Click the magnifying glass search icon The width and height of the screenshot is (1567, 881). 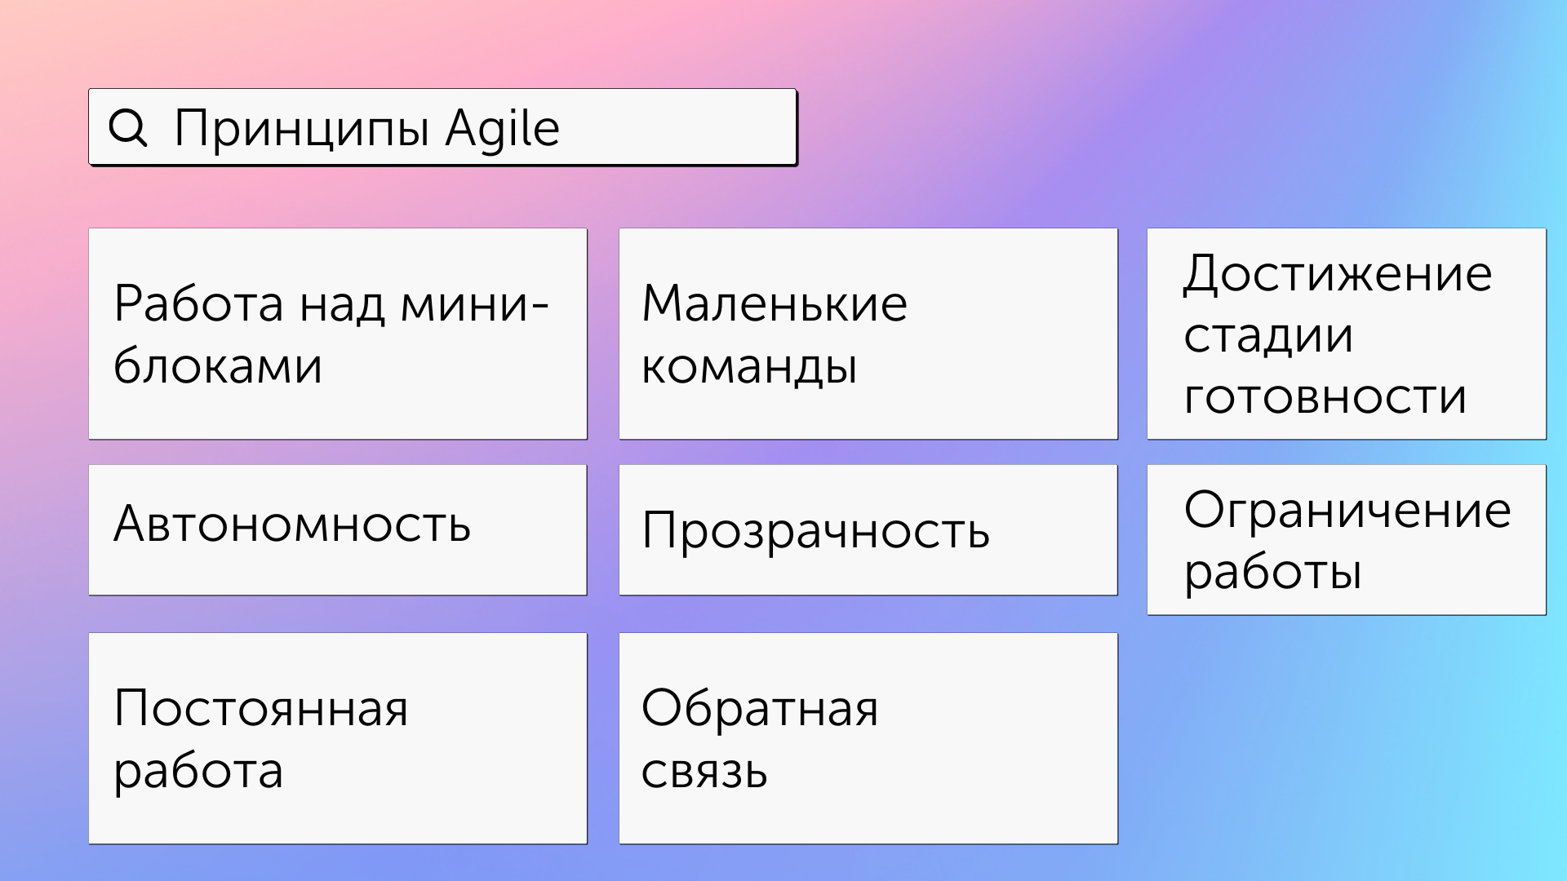point(128,128)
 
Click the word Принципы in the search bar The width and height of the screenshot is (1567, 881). point(302,129)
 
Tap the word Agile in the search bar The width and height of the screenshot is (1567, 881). point(503,129)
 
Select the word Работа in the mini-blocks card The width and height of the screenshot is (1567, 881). point(199,303)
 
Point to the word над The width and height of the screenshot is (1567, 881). point(342,305)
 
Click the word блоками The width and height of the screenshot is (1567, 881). point(218,365)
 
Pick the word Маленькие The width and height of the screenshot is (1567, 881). point(775,303)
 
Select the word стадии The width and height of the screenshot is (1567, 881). point(1268,335)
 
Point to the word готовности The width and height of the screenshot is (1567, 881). point(1325,397)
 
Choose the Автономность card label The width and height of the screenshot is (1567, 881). point(292,524)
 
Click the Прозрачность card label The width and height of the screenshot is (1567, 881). point(816,531)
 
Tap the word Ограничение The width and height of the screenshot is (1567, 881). point(1348,511)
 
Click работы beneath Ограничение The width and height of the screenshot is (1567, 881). point(1273,573)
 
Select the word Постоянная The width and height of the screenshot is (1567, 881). point(261,708)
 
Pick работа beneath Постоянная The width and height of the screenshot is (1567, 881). point(198,772)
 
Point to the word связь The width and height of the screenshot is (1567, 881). point(704,771)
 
